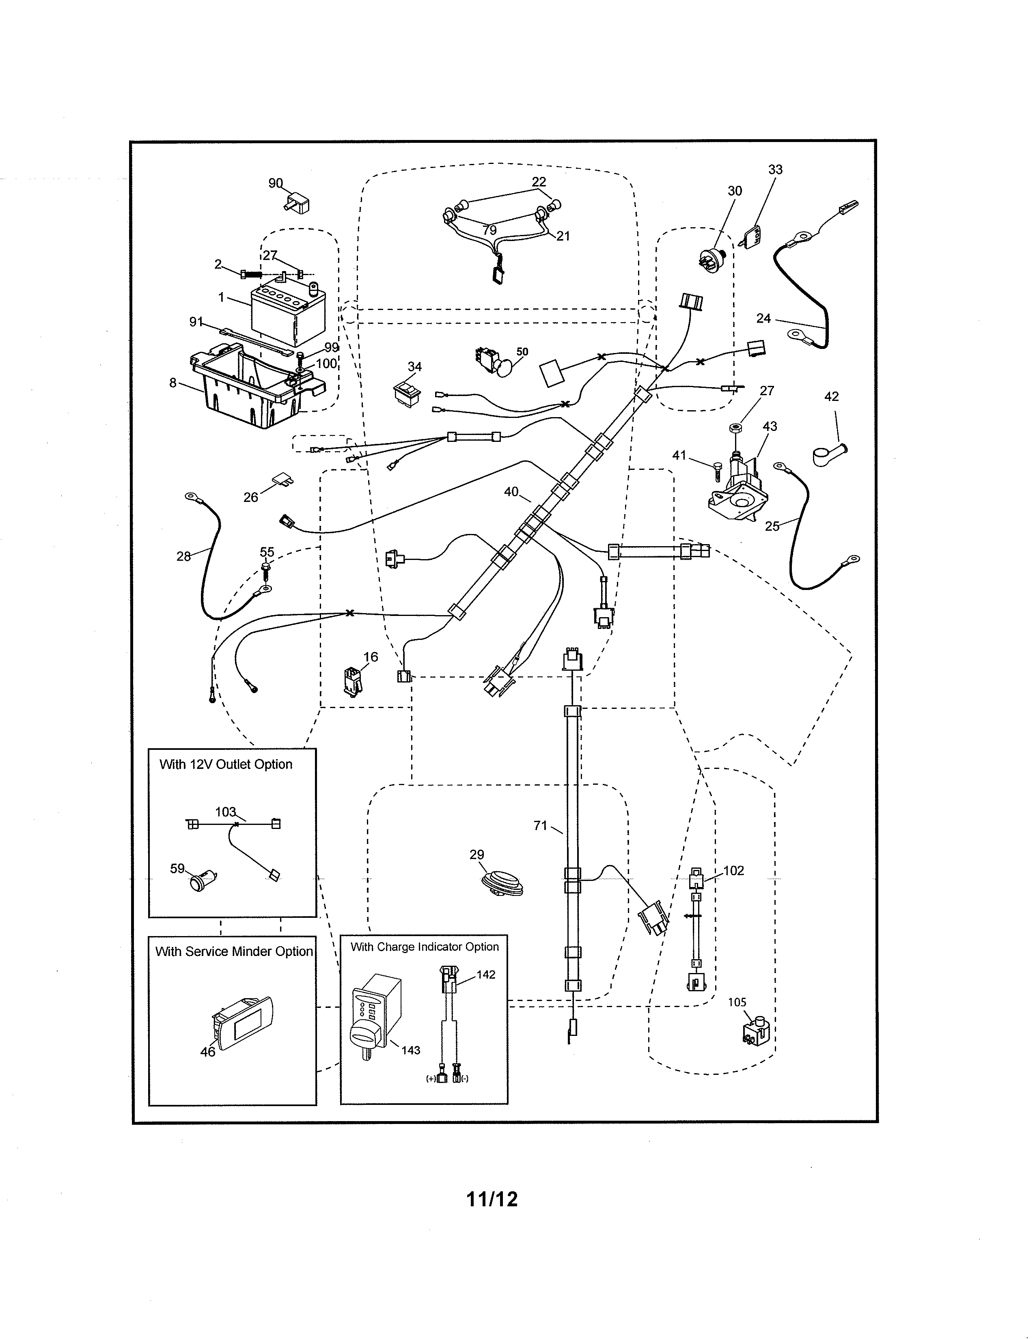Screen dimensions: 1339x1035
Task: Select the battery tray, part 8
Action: [257, 387]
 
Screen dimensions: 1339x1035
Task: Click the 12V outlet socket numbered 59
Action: [202, 881]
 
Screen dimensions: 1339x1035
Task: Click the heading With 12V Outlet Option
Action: [226, 764]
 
